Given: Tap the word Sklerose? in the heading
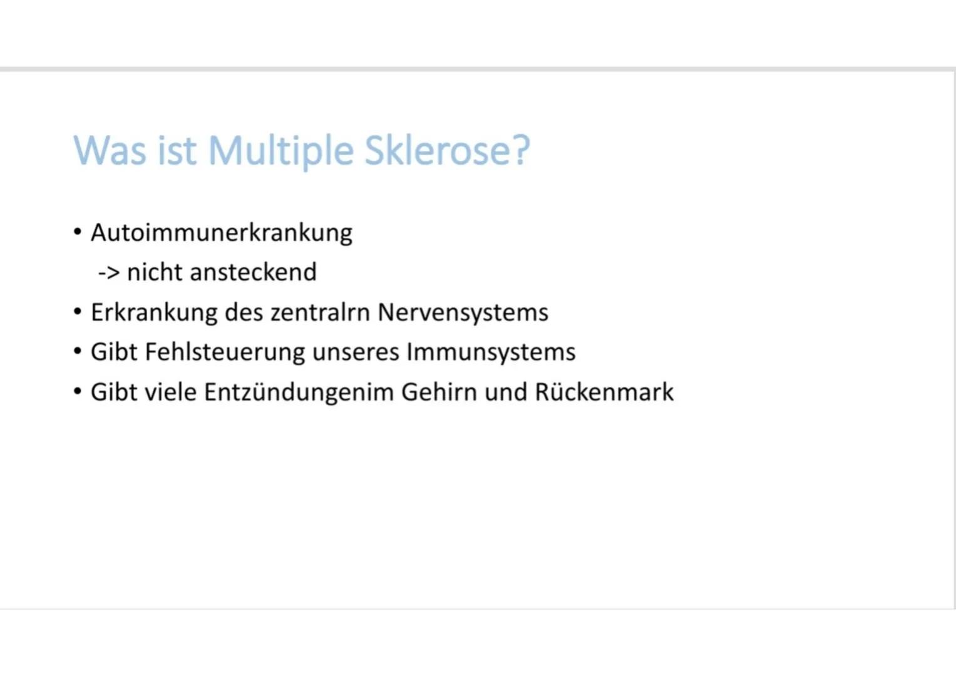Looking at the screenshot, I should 447,151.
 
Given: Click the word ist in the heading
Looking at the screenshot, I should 176,151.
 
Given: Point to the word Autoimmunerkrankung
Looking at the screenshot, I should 222,233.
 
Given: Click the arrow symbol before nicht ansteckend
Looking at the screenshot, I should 108,273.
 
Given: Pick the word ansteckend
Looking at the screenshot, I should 253,273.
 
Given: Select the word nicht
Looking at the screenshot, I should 153,273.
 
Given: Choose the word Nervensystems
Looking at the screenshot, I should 463,312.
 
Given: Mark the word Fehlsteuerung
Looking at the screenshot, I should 225,352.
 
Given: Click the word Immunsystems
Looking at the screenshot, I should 491,352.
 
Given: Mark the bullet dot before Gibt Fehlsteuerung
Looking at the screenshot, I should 78,352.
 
